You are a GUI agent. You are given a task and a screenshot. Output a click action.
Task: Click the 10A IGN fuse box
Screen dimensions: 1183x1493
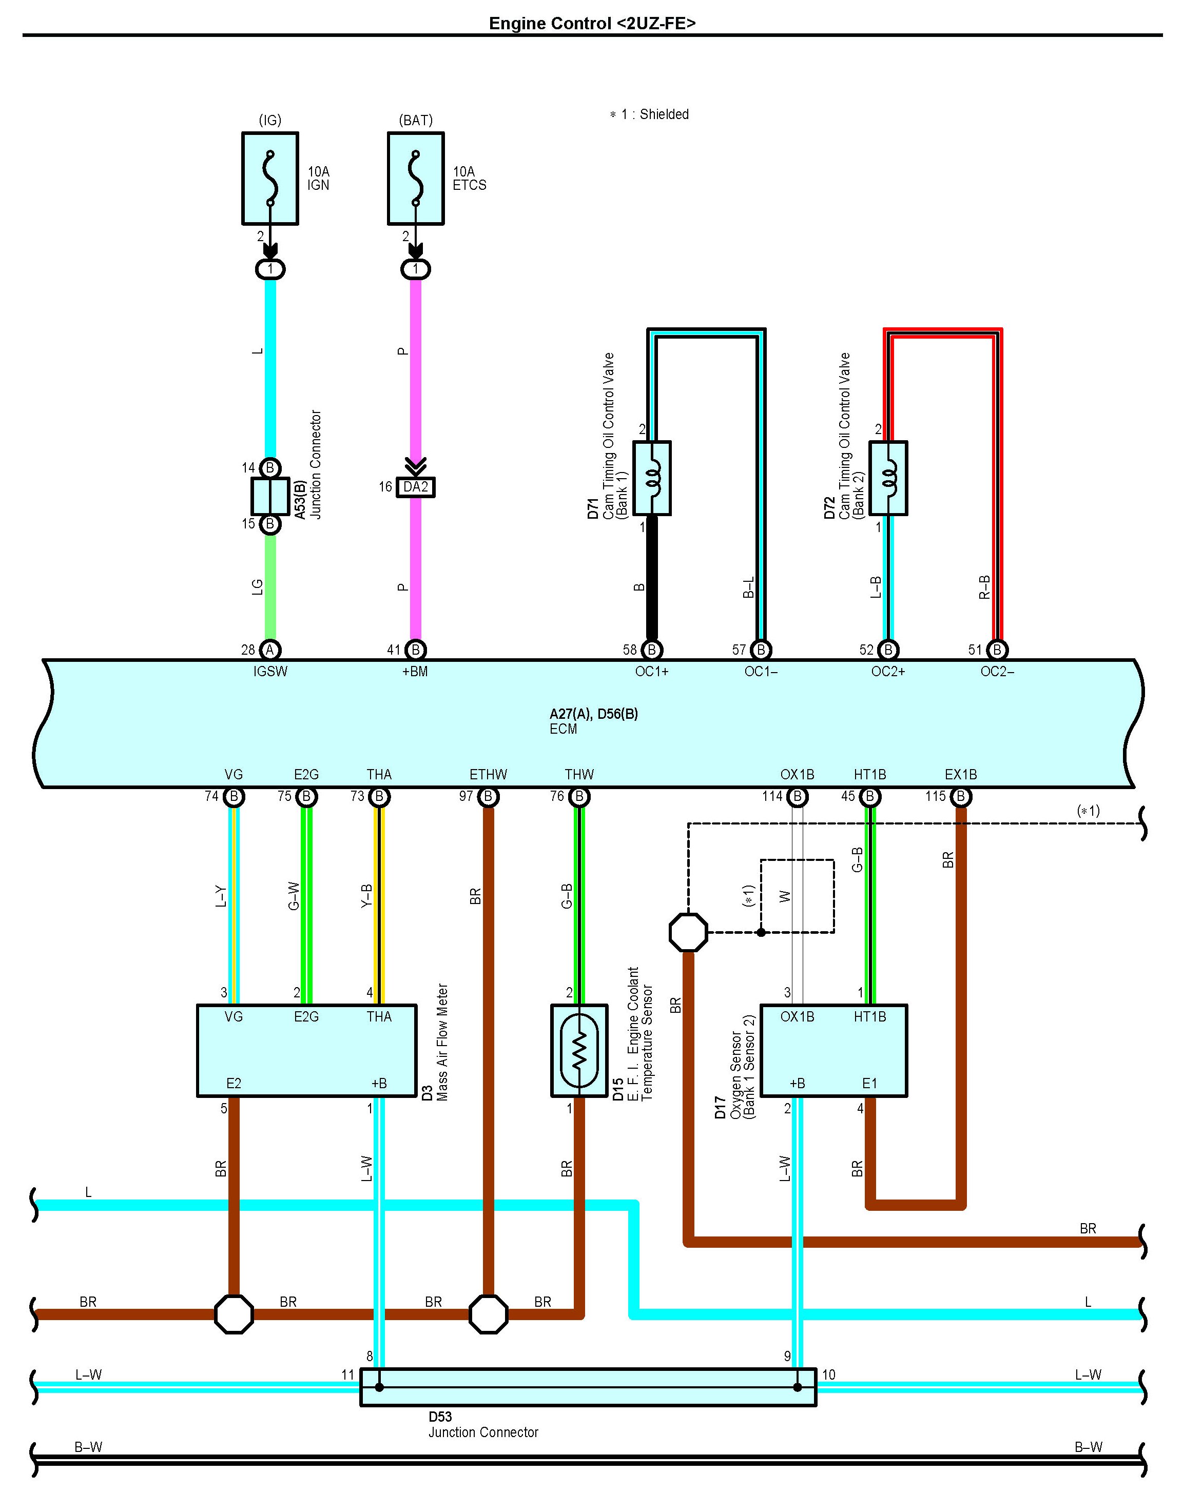click(270, 179)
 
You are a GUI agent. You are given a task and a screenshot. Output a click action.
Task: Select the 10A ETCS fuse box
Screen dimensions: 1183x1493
click(416, 179)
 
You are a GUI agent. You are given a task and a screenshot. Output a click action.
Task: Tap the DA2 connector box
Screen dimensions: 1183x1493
click(416, 487)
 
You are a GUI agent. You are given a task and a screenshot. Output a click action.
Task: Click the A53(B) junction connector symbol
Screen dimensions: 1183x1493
click(270, 496)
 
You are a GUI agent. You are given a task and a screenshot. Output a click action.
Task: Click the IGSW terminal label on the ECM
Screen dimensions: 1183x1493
click(270, 672)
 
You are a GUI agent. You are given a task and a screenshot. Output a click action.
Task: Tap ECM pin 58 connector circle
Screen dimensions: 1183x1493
click(652, 650)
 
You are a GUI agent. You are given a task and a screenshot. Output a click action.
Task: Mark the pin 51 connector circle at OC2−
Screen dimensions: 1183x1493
click(997, 650)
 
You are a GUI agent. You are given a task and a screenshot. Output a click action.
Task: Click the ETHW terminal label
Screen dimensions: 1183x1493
click(488, 774)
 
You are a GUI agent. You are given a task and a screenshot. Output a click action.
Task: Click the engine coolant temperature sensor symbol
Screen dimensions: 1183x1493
click(580, 1051)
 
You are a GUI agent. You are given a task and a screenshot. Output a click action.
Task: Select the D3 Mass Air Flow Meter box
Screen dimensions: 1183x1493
click(307, 1051)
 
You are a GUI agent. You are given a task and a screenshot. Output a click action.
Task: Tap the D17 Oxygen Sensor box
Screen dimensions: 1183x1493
click(834, 1051)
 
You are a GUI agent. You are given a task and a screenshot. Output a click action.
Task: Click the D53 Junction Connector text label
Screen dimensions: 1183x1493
click(483, 1424)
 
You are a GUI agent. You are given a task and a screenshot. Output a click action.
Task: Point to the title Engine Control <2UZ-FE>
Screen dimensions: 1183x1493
click(592, 24)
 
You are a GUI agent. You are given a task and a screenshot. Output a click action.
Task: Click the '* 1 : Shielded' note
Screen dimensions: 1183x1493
click(649, 114)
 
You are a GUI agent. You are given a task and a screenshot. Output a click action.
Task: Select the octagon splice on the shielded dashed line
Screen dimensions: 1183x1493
click(688, 932)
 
